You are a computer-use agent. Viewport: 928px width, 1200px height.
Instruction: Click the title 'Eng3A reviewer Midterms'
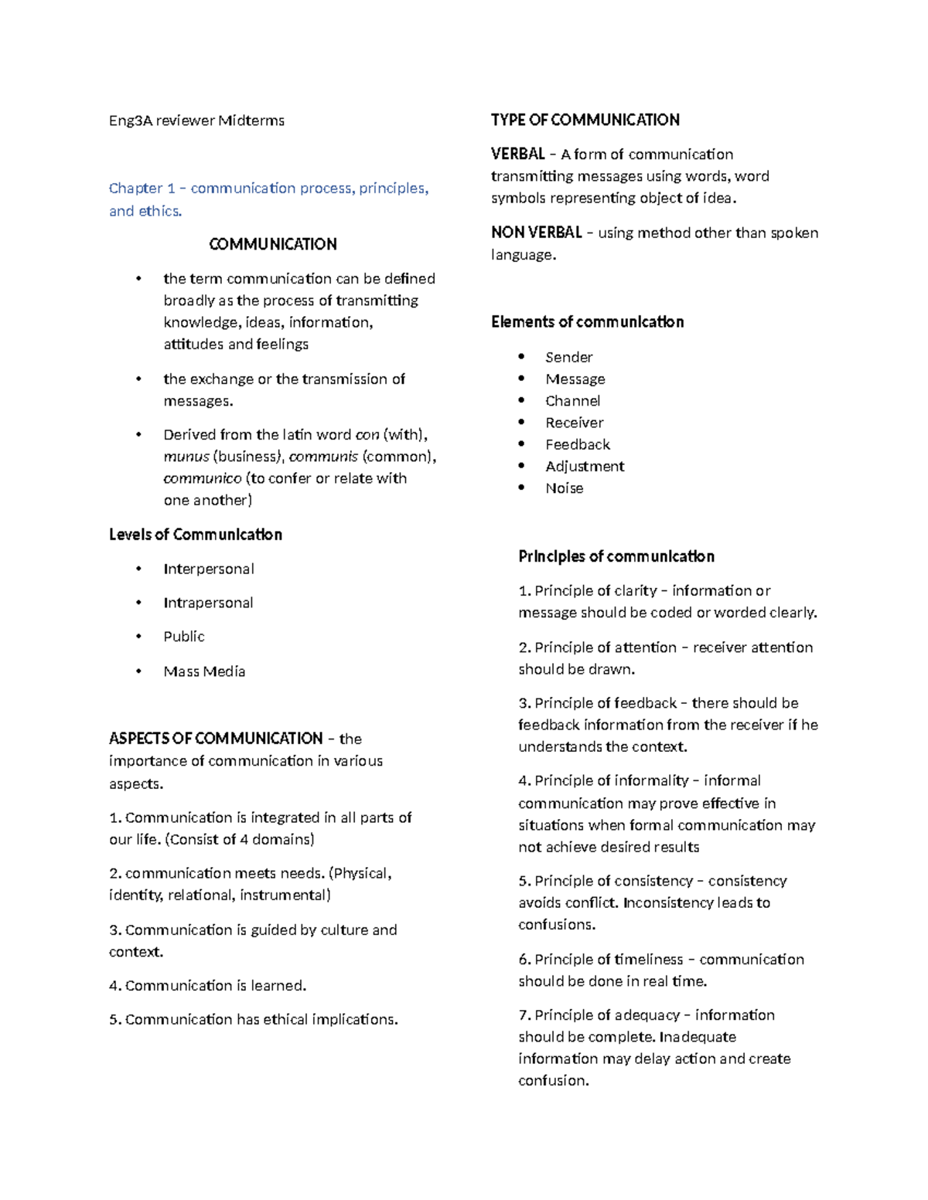(x=196, y=121)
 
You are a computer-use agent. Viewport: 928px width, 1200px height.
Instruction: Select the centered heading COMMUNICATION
(x=272, y=244)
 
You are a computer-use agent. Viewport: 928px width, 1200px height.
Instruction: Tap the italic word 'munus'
(x=186, y=457)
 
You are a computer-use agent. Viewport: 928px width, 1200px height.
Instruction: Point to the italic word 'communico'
(x=202, y=478)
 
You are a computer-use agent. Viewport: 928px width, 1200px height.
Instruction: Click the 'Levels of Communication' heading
(x=195, y=535)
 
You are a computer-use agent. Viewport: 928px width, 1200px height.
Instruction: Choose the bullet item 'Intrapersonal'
(x=208, y=603)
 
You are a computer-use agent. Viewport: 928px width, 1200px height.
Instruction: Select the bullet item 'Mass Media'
(x=204, y=671)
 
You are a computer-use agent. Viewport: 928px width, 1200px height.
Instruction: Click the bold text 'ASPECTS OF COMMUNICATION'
(x=216, y=739)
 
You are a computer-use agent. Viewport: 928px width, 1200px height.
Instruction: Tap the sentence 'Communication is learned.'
(x=215, y=986)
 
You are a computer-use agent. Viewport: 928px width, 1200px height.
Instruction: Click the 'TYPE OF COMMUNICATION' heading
(x=585, y=120)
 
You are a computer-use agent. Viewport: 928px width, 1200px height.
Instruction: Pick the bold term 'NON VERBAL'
(x=536, y=233)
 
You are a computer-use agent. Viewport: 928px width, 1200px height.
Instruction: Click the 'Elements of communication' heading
(x=587, y=322)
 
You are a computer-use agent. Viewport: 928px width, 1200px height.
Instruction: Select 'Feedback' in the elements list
(x=577, y=444)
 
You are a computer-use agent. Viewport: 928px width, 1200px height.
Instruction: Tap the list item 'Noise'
(x=564, y=488)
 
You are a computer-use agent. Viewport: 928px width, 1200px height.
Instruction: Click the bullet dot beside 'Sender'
(x=522, y=356)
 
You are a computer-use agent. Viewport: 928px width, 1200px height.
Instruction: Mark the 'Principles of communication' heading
(x=616, y=556)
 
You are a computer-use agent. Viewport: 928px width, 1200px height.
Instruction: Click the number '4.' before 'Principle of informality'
(x=524, y=780)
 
